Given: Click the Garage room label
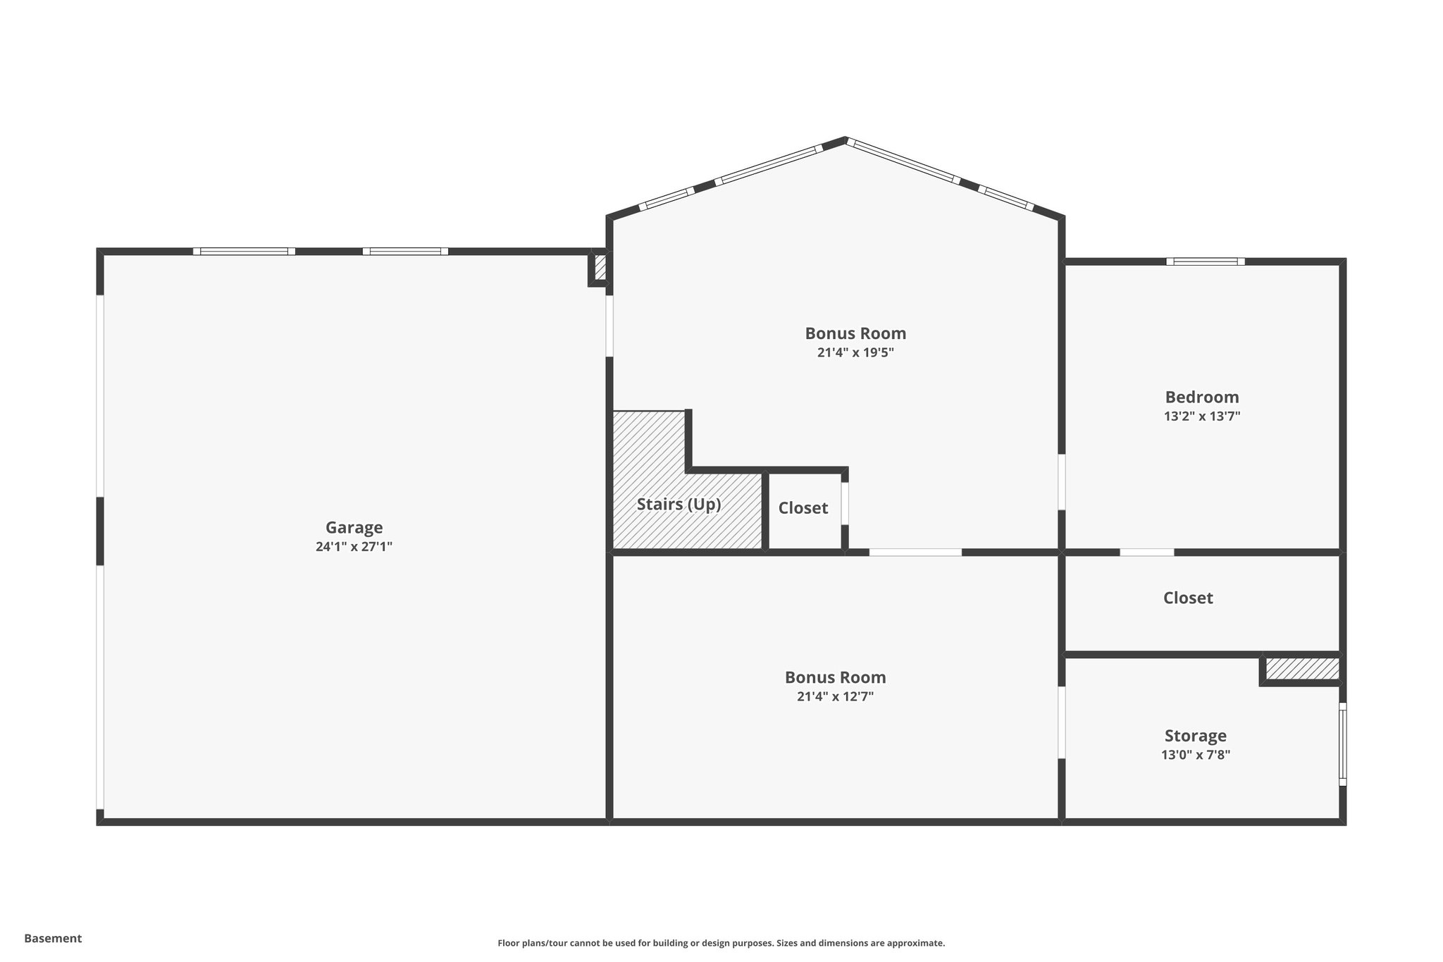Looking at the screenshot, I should pyautogui.click(x=354, y=527).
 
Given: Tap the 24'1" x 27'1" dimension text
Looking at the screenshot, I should pyautogui.click(x=354, y=546).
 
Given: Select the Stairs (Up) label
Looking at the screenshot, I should pyautogui.click(x=679, y=505).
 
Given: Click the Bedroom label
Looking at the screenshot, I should pyautogui.click(x=1201, y=397).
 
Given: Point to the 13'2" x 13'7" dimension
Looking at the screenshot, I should pyautogui.click(x=1201, y=417).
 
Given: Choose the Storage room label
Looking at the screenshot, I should pyautogui.click(x=1195, y=736).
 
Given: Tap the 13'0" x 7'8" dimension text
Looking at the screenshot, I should pyautogui.click(x=1195, y=755).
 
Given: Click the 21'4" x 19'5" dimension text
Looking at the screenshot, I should pyautogui.click(x=855, y=352).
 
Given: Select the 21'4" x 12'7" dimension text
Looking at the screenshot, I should pyautogui.click(x=835, y=696).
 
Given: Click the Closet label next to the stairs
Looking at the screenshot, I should pyautogui.click(x=803, y=508).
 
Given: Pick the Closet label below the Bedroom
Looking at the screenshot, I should pyautogui.click(x=1187, y=598).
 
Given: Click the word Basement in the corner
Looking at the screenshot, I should pyautogui.click(x=53, y=938).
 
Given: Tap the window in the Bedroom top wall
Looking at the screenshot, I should pyautogui.click(x=1205, y=261).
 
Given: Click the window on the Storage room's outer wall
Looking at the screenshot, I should pyautogui.click(x=1342, y=744).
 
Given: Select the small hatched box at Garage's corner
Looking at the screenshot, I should pyautogui.click(x=600, y=268).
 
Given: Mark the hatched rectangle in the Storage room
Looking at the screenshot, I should pyautogui.click(x=1302, y=669).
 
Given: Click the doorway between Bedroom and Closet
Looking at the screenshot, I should pyautogui.click(x=1146, y=552).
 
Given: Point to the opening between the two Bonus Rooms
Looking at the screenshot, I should pyautogui.click(x=915, y=552).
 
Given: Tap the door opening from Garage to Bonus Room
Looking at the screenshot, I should pyautogui.click(x=609, y=326).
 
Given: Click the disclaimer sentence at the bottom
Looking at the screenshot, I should pyautogui.click(x=721, y=943).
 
